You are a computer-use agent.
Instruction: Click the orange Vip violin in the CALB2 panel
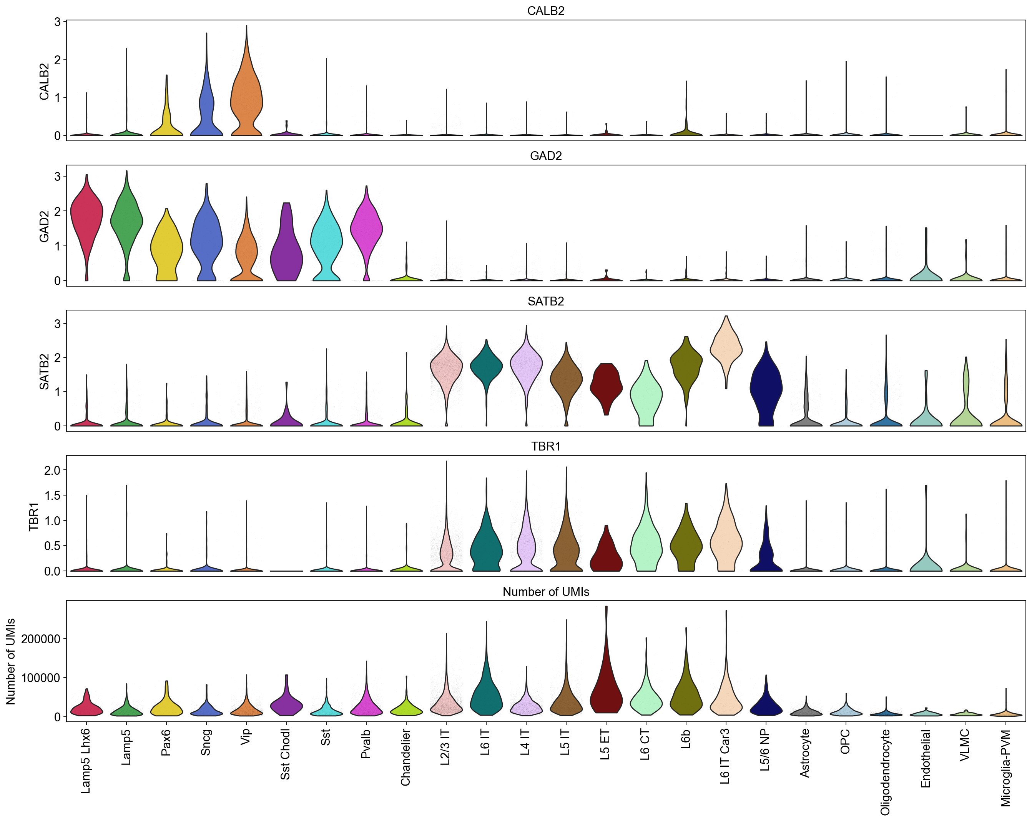click(246, 96)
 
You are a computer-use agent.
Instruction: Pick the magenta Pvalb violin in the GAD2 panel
click(366, 225)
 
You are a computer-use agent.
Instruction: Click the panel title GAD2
click(546, 156)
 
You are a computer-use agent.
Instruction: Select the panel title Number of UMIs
click(546, 592)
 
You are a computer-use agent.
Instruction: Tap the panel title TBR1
click(546, 446)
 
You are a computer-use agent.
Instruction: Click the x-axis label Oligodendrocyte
click(886, 771)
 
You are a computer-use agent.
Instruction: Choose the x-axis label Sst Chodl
click(285, 754)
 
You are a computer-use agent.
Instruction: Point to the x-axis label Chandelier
click(405, 757)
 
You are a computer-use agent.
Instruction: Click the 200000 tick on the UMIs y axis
click(41, 639)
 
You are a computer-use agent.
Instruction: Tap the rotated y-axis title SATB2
click(44, 371)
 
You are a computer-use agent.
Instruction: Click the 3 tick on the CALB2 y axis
click(57, 22)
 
